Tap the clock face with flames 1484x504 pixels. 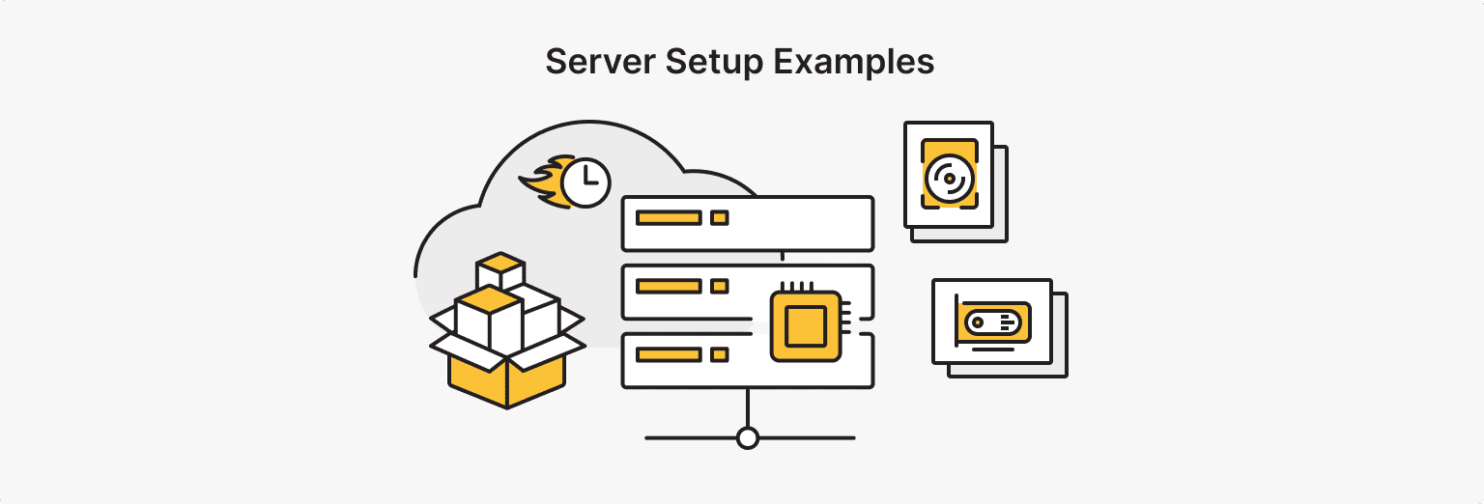tap(585, 181)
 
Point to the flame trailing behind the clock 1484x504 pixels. tap(541, 182)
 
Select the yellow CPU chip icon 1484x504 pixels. tap(805, 325)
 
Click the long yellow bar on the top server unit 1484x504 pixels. tap(669, 218)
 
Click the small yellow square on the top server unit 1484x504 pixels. tap(719, 218)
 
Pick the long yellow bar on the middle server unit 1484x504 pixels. tap(669, 286)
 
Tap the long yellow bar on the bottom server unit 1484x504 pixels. tap(669, 354)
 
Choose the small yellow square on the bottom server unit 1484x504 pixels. tap(719, 354)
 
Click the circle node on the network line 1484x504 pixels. tap(747, 438)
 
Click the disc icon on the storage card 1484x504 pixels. tap(948, 178)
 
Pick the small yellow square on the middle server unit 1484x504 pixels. tap(719, 286)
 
